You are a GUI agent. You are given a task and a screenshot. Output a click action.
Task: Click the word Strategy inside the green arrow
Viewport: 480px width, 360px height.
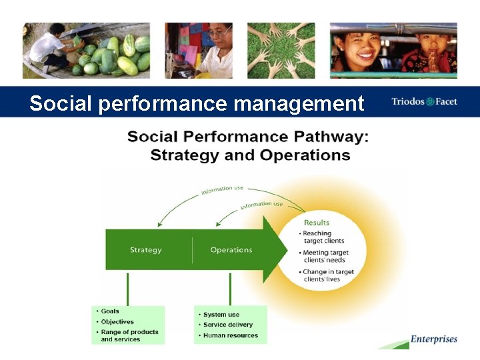tap(145, 250)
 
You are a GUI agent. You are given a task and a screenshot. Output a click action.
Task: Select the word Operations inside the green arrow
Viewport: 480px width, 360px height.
tap(231, 250)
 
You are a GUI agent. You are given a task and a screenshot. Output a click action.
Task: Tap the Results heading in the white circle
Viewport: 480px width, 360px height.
tap(317, 223)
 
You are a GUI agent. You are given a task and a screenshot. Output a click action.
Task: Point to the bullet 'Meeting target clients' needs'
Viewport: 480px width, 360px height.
tap(326, 256)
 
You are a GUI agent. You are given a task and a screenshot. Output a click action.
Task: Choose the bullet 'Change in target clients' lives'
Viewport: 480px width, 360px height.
tap(328, 275)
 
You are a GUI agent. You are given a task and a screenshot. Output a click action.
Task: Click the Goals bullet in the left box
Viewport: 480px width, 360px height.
tap(110, 311)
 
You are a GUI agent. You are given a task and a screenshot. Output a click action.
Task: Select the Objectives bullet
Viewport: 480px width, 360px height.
tap(117, 321)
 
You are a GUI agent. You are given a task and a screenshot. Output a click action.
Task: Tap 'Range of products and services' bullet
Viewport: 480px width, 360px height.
tap(129, 335)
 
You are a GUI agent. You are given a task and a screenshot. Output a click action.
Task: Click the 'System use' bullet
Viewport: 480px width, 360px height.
tap(221, 315)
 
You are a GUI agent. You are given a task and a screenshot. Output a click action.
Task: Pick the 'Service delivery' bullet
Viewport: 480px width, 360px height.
tap(227, 325)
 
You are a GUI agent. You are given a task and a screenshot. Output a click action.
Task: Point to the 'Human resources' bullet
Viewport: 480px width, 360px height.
tap(230, 335)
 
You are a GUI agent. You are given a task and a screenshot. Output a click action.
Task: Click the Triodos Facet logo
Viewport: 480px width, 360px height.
tap(424, 102)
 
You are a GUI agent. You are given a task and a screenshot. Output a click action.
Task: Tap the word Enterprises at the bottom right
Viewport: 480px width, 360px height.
tap(434, 339)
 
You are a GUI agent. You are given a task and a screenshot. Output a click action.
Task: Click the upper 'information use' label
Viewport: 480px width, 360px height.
tap(222, 191)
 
